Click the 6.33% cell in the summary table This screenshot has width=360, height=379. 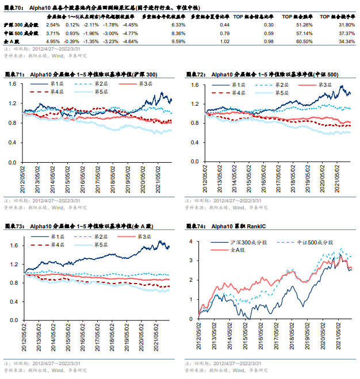pos(178,25)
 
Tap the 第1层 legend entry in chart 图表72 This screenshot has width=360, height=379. pos(233,85)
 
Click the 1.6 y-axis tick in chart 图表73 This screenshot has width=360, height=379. pos(14,246)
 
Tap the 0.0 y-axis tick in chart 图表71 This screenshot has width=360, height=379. pos(14,163)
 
